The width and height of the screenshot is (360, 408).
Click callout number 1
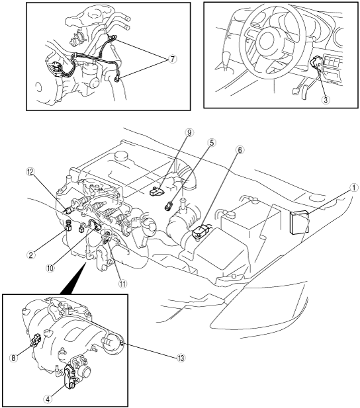pyautogui.click(x=353, y=188)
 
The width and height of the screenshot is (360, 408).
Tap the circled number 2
pyautogui.click(x=31, y=255)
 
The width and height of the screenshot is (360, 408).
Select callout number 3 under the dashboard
pyautogui.click(x=326, y=100)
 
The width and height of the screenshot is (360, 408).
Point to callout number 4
pyautogui.click(x=48, y=398)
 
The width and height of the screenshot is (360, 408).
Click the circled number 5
pyautogui.click(x=212, y=142)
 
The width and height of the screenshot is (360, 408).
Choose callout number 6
pyautogui.click(x=240, y=150)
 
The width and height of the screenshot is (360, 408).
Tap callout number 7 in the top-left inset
pyautogui.click(x=172, y=60)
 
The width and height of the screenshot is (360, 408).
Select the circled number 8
pyautogui.click(x=13, y=358)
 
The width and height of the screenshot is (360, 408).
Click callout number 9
pyautogui.click(x=189, y=133)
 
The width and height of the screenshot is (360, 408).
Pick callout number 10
pyautogui.click(x=50, y=268)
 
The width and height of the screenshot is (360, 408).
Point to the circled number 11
pyautogui.click(x=122, y=284)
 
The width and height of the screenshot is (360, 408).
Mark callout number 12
pyautogui.click(x=30, y=172)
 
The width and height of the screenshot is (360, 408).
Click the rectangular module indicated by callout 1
pyautogui.click(x=300, y=223)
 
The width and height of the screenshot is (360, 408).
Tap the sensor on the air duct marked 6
pyautogui.click(x=202, y=230)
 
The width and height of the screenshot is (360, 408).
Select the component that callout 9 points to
pyautogui.click(x=157, y=192)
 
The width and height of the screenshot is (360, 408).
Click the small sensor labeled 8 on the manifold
pyautogui.click(x=36, y=340)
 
